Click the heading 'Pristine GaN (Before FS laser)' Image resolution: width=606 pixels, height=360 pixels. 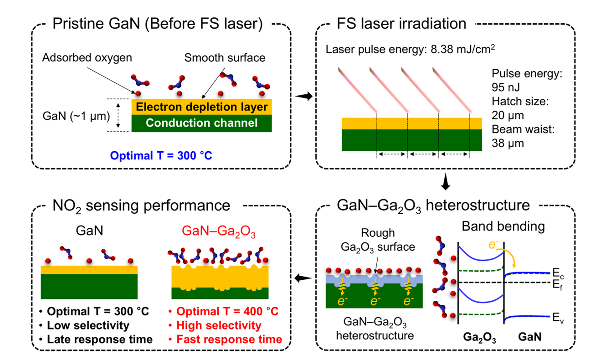tap(158, 24)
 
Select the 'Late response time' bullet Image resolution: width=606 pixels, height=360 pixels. tap(99, 339)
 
